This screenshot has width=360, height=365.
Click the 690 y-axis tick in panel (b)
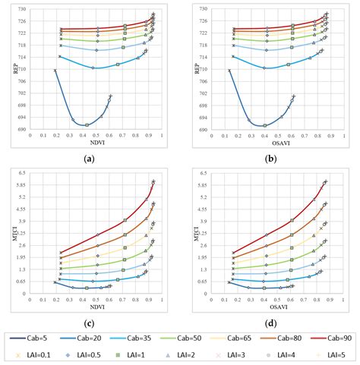(194, 130)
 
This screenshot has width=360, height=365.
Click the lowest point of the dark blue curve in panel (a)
(87, 125)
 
